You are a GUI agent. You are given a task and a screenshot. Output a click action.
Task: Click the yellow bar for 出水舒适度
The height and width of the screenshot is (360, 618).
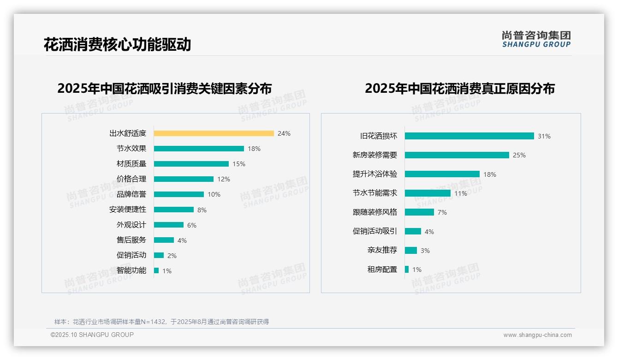(x=214, y=133)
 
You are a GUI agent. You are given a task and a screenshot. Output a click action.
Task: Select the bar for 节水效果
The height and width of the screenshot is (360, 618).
(x=199, y=149)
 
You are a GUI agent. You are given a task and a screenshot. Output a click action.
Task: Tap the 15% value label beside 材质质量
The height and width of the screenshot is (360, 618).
(x=239, y=164)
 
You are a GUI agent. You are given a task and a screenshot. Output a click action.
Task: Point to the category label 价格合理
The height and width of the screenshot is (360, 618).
(x=131, y=179)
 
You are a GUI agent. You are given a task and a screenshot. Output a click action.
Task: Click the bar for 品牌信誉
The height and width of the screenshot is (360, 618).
(x=179, y=194)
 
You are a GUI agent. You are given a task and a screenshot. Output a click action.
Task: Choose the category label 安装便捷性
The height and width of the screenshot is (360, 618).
(x=128, y=210)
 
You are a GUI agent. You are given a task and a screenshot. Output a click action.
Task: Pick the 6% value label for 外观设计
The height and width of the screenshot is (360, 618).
(x=192, y=225)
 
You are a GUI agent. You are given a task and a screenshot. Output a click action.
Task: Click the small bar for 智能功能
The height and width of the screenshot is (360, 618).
(x=156, y=270)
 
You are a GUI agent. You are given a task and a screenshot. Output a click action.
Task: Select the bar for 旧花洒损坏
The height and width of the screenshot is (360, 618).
(x=469, y=136)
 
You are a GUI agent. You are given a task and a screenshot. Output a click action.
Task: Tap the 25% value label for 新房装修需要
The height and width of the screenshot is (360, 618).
(x=519, y=155)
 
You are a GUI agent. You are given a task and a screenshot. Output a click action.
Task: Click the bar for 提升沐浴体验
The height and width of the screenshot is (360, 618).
(x=442, y=174)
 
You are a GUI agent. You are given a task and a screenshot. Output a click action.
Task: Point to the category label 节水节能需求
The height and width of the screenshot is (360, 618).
(x=375, y=193)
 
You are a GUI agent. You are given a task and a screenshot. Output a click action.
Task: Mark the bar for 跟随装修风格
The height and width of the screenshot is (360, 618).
(x=420, y=212)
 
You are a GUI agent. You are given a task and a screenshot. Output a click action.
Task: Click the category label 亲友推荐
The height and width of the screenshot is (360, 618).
(x=382, y=250)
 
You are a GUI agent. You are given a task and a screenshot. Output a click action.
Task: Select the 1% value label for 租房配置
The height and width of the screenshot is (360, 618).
(x=417, y=270)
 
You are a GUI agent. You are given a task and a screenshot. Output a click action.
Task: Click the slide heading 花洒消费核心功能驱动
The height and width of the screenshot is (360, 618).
(x=117, y=45)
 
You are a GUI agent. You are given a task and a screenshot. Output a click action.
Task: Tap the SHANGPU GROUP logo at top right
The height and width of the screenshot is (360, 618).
(x=536, y=39)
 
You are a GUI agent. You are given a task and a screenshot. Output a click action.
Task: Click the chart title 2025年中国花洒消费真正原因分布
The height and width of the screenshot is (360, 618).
(x=460, y=88)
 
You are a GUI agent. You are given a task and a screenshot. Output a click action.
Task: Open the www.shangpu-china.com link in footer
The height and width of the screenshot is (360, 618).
(x=537, y=335)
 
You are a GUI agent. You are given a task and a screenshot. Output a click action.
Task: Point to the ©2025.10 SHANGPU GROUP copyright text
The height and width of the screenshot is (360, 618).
(x=92, y=335)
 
